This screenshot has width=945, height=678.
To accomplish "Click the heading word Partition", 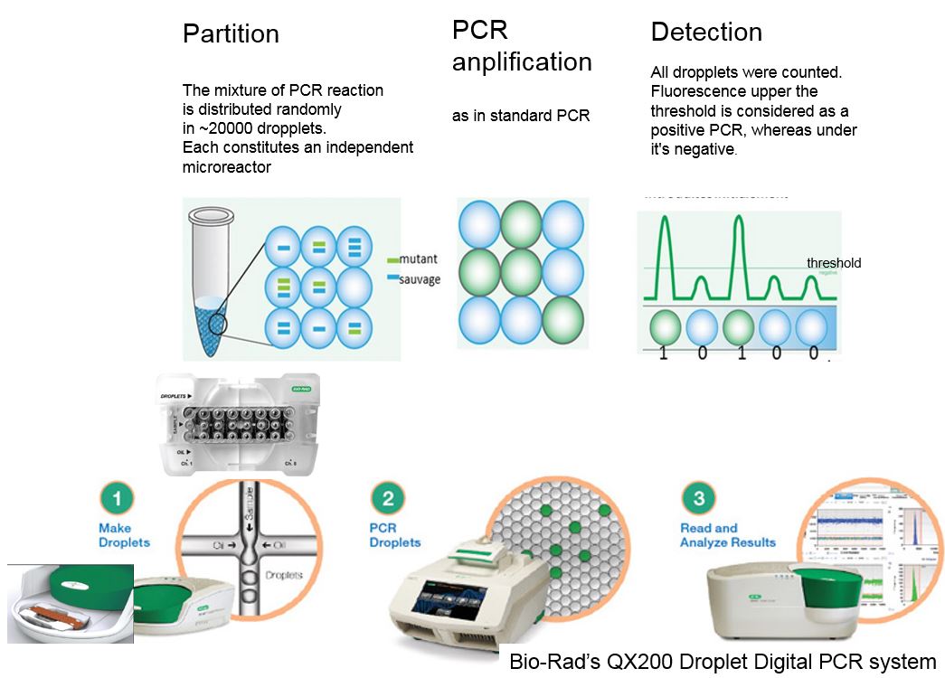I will point(231,34).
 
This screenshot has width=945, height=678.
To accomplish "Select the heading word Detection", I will point(706,33).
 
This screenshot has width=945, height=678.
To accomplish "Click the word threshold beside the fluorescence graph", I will point(834,263).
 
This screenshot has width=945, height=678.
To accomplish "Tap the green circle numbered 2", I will point(387,498).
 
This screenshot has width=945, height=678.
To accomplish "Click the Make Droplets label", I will point(124,535).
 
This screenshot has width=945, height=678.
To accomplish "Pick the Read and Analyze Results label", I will point(727,535).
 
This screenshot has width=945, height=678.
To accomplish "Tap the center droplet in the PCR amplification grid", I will point(523,269).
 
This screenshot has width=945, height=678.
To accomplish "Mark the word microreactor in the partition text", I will point(226,167).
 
